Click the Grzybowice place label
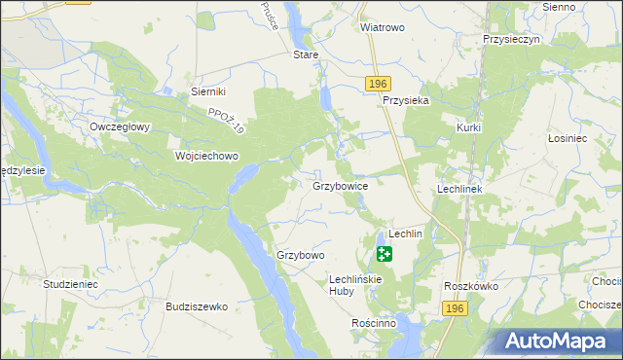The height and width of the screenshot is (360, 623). coord(340,185)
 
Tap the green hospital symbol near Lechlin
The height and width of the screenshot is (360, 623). coord(385,255)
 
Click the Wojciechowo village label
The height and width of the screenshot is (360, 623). coord(206,156)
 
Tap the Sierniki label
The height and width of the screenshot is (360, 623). coord(208,91)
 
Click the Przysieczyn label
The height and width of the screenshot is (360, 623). coord(511,40)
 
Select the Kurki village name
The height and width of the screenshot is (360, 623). coord(469,128)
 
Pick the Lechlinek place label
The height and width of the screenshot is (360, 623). coord(460,189)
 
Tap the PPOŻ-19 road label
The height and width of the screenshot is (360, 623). coord(228,123)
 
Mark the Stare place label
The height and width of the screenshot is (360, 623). coord(307,55)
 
